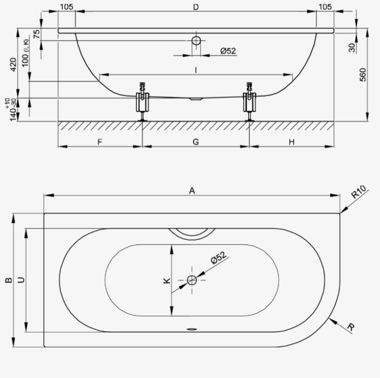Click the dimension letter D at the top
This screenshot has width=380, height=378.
(196, 7)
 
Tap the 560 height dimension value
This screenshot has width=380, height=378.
(363, 75)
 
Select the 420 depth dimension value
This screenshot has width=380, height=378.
(13, 65)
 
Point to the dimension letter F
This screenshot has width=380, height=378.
(100, 142)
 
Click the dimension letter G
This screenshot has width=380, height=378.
(196, 142)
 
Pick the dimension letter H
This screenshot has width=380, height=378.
(292, 142)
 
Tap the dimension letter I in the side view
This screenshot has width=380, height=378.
(196, 70)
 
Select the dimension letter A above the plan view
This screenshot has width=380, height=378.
(192, 191)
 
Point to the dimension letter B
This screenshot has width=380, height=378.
(9, 280)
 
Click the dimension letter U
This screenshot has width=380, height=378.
(22, 280)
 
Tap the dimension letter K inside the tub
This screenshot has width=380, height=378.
(167, 281)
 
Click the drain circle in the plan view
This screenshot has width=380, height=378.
(192, 280)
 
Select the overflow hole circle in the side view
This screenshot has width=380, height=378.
(196, 40)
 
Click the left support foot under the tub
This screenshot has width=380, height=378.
(142, 102)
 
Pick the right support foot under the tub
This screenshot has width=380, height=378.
(250, 102)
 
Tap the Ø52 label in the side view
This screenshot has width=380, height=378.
(228, 51)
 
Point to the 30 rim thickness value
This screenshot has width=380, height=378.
(352, 48)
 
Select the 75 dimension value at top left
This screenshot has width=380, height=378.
(37, 34)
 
